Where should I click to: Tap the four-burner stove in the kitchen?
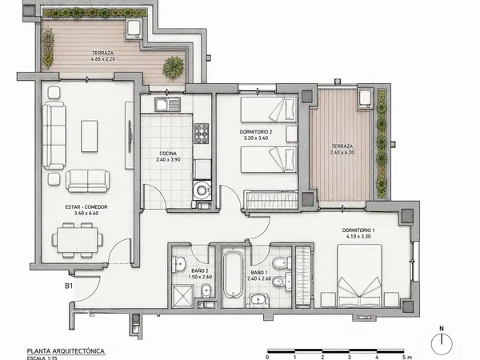coord(202,134)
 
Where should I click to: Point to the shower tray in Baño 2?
coord(182,296)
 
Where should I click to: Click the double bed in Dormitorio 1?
coord(359,275)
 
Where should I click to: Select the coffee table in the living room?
coord(90,136)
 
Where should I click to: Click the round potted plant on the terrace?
coord(174,67)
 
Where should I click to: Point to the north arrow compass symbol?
coord(442,341)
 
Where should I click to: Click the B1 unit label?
coord(69,286)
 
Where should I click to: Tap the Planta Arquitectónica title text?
coord(66,351)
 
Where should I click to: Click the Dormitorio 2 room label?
coord(256,132)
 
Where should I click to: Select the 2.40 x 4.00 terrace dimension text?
coord(342,153)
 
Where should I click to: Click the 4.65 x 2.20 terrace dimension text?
coord(103,58)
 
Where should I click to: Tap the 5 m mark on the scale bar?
coord(406,357)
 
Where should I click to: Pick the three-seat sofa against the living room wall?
coord(54,136)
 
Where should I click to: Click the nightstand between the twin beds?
coord(292,134)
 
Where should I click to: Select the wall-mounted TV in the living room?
coord(130,136)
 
